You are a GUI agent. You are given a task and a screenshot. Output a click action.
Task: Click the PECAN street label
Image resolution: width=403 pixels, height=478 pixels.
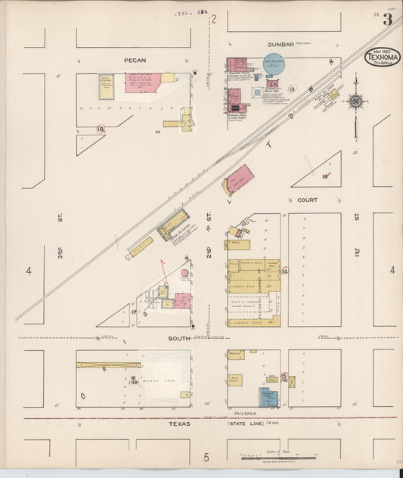point(135,60)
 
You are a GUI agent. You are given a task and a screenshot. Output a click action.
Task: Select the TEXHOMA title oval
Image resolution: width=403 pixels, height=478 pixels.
point(383,57)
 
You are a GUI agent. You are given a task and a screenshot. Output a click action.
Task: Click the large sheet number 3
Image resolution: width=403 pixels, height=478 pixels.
point(387,20)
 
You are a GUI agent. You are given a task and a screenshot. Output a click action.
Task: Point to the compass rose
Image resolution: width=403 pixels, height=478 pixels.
point(355,101)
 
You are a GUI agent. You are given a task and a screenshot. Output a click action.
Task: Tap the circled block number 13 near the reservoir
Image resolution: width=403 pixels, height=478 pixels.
point(292,89)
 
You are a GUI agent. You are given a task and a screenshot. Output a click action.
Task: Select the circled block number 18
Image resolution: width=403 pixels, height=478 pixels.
point(101,129)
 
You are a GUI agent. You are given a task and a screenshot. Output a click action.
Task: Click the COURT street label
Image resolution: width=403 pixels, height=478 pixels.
point(308,200)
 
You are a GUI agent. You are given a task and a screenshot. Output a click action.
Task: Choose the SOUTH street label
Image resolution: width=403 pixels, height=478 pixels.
point(179,338)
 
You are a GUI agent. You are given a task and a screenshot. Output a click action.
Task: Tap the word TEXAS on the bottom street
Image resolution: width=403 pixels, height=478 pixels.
point(179,424)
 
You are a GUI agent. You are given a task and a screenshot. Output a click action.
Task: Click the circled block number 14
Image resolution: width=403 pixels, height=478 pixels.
point(285,271)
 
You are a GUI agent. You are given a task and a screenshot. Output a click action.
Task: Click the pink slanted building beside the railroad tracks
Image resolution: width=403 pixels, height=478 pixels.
point(240,179)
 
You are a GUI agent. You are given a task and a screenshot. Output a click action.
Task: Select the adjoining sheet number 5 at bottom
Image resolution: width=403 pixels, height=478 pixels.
point(206,457)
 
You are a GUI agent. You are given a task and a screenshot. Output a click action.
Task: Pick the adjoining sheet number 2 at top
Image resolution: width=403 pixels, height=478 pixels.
point(214,20)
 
